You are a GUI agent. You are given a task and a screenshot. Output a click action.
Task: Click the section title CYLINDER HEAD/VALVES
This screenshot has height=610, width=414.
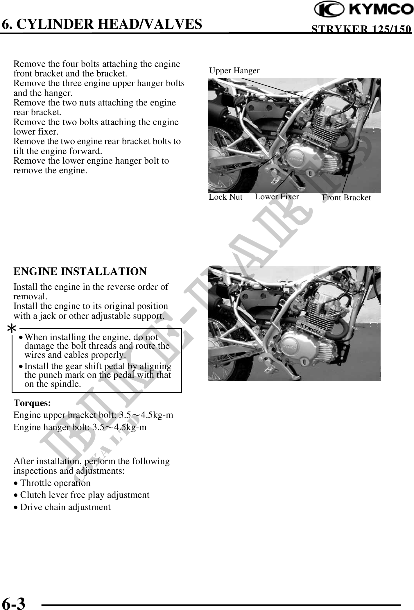pos(102,24)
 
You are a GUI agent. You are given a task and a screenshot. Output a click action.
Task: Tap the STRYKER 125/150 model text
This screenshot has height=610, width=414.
pos(361,29)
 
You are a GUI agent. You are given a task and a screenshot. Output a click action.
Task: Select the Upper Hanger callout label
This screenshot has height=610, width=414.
pos(234,71)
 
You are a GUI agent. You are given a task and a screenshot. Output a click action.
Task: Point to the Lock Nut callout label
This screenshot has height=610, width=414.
pos(225,197)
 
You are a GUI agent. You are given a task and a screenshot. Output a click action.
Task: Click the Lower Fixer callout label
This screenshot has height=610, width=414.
pos(277,197)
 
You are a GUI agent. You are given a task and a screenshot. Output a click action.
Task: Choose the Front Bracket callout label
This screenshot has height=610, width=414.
pos(346,198)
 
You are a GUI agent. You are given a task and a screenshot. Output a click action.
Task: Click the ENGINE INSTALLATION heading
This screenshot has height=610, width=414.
pos(80,271)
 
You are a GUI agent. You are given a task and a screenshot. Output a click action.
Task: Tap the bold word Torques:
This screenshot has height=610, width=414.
pos(32,403)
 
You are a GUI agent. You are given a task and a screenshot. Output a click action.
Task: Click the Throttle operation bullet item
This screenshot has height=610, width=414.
pos(55,483)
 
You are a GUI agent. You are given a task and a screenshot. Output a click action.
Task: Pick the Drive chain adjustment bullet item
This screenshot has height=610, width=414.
pos(65,507)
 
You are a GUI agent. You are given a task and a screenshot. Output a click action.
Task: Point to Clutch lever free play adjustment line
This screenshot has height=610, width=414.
pos(85,495)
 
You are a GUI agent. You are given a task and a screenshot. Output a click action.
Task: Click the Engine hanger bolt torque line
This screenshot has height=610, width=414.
pos(80,427)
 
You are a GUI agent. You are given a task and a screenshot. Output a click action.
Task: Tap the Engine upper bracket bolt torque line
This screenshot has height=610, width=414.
pos(93,415)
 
